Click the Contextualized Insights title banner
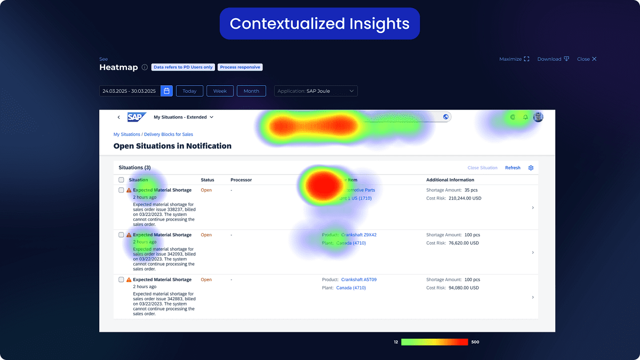pos(319,23)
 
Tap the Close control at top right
pos(587,59)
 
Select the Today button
pos(189,91)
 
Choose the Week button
pos(220,91)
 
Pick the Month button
pos(251,91)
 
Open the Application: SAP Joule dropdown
pos(316,91)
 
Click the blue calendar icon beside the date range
pos(167,91)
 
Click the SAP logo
pos(137,117)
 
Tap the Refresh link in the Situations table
pos(513,168)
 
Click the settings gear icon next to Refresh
pos(531,168)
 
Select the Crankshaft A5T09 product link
pos(358,279)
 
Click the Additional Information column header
pos(450,180)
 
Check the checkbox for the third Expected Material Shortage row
pos(122,279)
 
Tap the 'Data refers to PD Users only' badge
pos(183,67)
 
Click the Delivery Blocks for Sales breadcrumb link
pos(169,134)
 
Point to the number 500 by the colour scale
pos(475,342)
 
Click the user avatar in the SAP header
pos(538,117)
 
